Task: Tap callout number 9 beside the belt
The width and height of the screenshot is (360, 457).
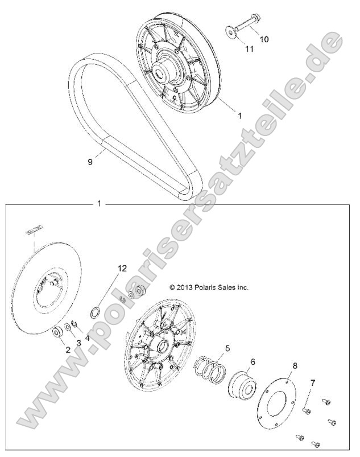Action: tap(90, 162)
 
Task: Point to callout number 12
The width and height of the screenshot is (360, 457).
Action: tap(121, 268)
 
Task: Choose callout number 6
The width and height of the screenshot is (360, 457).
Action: tap(252, 361)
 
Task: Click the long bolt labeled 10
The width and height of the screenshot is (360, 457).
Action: tap(246, 26)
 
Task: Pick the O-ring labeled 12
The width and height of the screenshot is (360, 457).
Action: tap(97, 313)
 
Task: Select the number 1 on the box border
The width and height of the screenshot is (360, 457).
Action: tap(100, 203)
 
